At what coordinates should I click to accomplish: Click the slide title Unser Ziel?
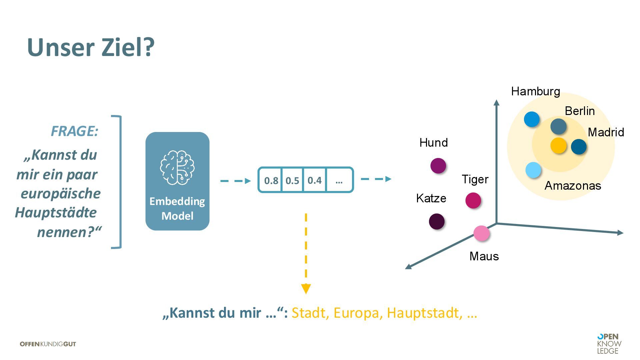coord(91,47)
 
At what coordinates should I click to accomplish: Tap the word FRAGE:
coord(74,131)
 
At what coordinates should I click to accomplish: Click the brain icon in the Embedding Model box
coord(177,167)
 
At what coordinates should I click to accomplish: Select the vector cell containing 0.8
coord(271,180)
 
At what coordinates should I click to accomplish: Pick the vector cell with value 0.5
coord(292,180)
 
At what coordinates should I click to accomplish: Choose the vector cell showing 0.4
coord(314,180)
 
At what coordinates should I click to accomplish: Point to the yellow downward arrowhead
coord(306,288)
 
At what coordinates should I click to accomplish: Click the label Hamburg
coord(535,91)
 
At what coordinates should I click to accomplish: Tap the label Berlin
coord(580,111)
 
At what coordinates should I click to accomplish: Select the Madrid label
coord(606,132)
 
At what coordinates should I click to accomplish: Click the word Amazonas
coord(573,186)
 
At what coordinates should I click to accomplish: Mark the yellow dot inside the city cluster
coord(558,145)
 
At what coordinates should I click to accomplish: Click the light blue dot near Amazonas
coord(533,170)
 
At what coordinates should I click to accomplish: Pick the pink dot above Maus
coord(481,233)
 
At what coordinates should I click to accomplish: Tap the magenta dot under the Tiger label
coord(473,200)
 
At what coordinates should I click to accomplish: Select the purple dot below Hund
coord(438,166)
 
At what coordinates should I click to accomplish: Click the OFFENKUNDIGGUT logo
coord(48,344)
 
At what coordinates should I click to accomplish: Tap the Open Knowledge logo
coord(609,344)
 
